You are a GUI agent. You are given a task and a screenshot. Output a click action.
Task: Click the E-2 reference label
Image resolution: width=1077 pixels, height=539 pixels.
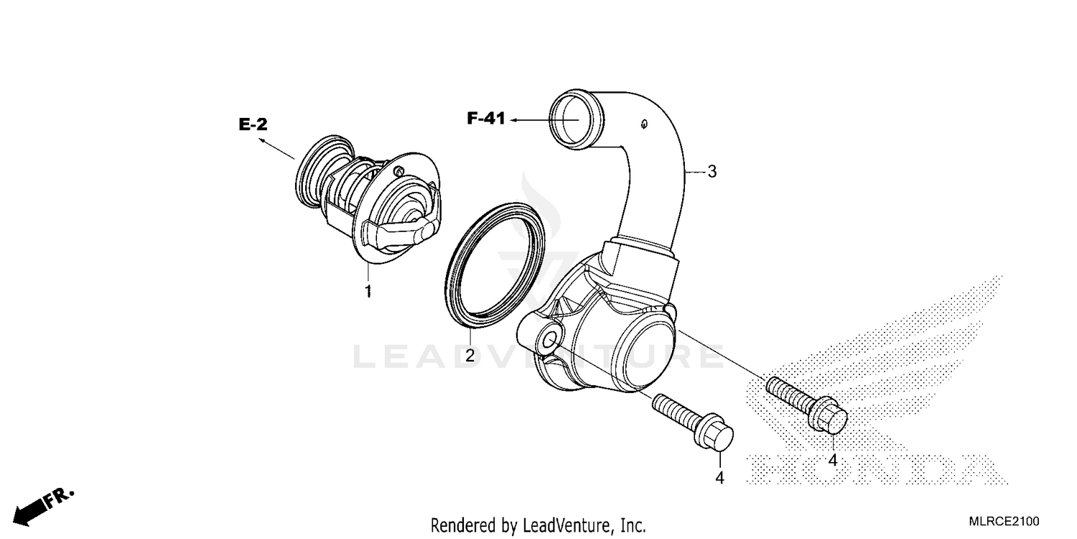[253, 125]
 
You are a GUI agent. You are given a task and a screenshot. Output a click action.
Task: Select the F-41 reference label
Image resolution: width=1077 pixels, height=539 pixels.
[486, 119]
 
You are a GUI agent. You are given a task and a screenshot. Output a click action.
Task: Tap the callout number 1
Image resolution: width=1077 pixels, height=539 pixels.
[368, 292]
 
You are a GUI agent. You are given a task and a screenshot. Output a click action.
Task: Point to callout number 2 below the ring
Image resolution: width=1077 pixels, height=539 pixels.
[470, 355]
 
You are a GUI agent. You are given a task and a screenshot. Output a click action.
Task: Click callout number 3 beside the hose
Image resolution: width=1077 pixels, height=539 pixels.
[712, 172]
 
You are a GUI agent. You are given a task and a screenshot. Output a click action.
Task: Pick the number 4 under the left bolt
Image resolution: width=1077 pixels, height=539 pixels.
[719, 478]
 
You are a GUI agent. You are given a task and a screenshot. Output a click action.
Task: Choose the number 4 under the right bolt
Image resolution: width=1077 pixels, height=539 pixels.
[833, 459]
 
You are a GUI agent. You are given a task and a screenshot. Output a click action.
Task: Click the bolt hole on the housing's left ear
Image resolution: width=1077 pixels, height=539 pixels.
[550, 340]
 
